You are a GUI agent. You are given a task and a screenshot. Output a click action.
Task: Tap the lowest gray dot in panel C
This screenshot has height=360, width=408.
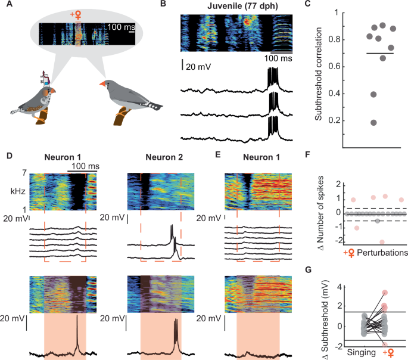(357, 123)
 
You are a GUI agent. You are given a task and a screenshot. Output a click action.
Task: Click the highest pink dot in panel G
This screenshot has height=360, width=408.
(385, 293)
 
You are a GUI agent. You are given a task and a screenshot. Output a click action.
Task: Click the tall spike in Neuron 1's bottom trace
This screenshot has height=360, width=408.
(76, 328)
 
